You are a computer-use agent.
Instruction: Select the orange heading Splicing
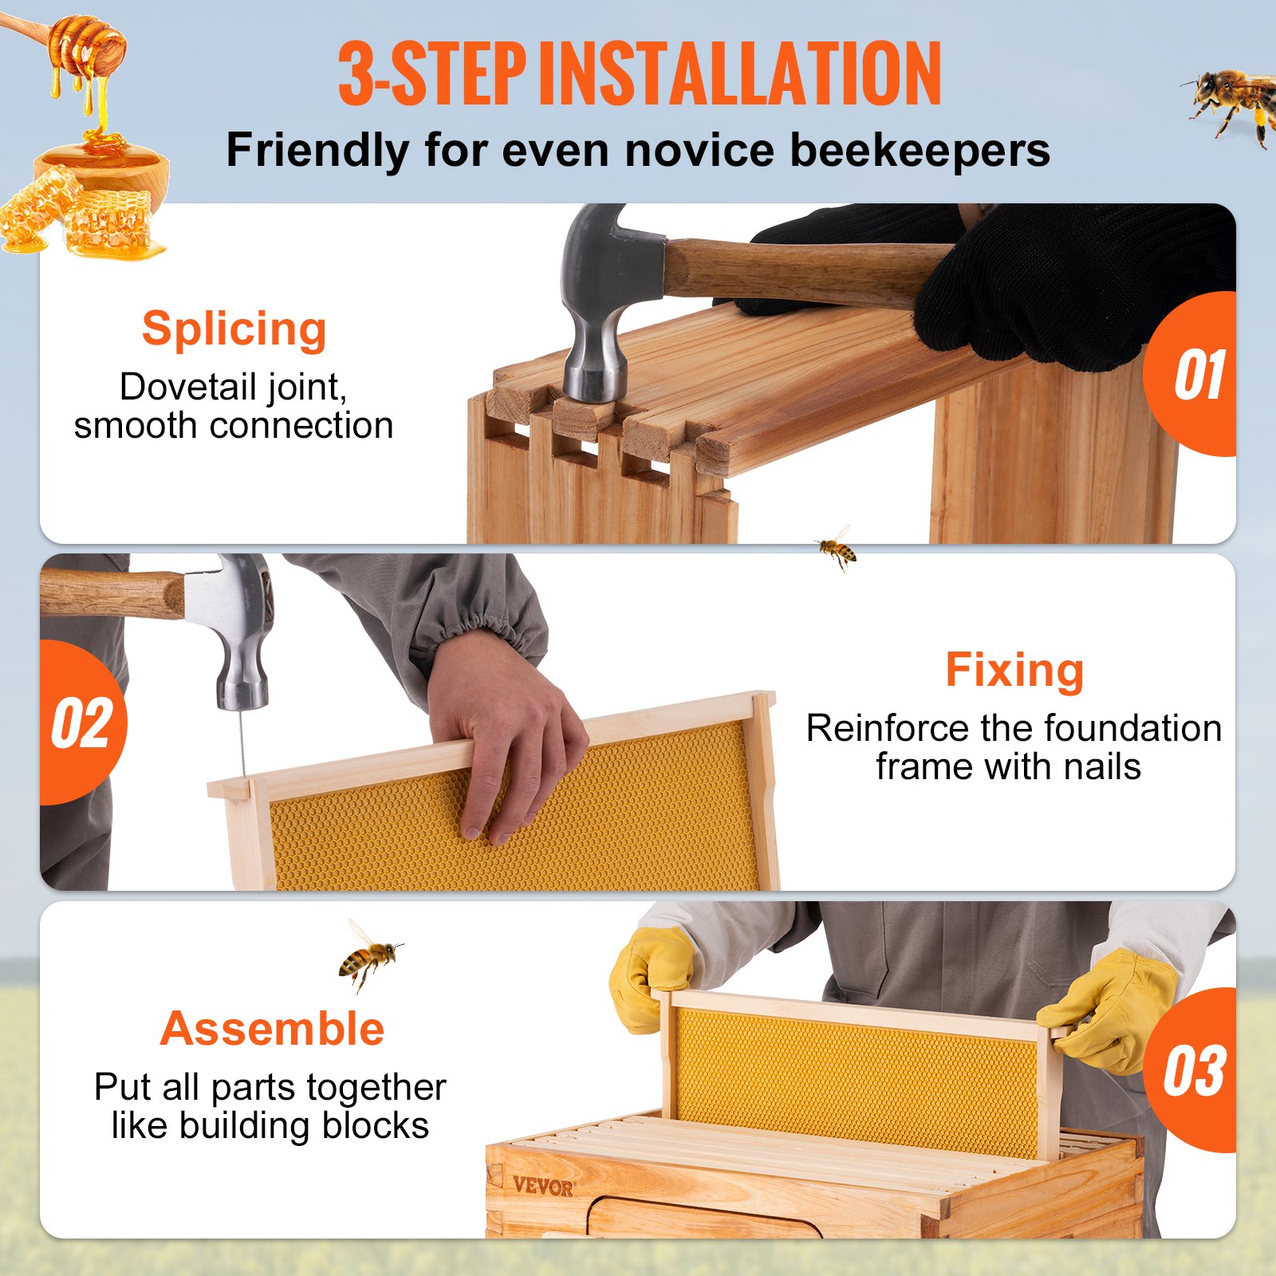234,329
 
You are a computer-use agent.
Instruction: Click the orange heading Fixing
1014,670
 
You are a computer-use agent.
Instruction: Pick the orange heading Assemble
272,1029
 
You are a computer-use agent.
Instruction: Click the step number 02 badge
82,723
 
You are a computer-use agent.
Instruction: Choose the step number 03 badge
1193,1071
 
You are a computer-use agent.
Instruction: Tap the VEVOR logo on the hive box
543,1186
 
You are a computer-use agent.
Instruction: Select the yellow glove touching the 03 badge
1113,1013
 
